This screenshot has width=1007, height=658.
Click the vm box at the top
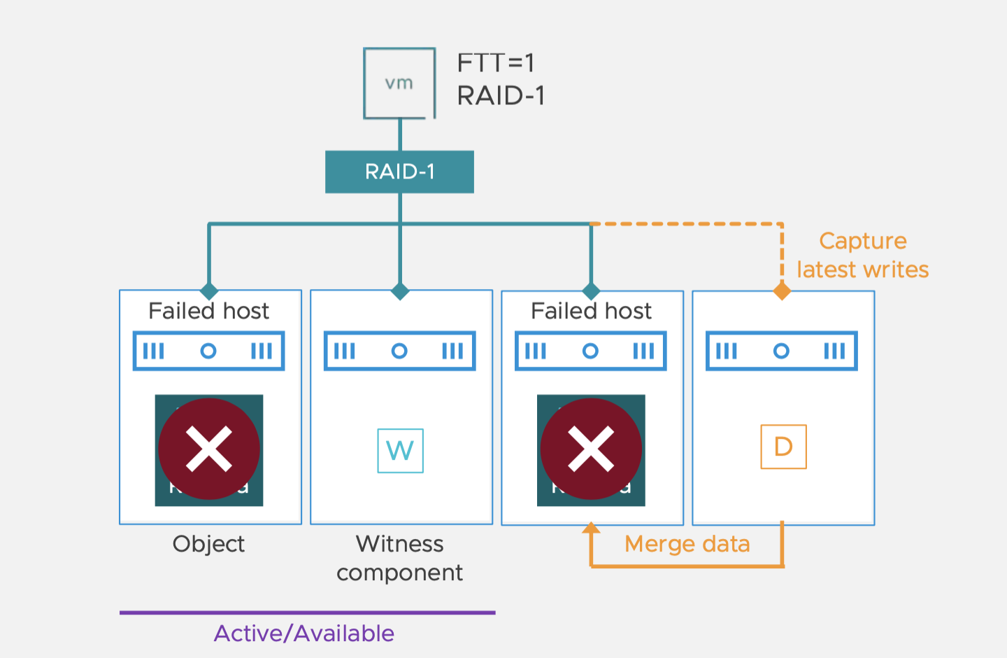tap(399, 83)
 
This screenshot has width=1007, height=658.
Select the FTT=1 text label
tap(496, 63)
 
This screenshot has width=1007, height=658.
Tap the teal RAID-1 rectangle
tap(399, 171)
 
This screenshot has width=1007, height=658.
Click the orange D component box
tap(783, 447)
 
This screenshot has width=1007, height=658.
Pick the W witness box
tap(400, 451)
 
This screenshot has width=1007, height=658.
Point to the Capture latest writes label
tap(862, 255)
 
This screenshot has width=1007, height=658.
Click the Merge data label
tap(687, 544)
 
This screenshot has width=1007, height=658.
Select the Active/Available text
tap(304, 633)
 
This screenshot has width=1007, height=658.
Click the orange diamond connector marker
tap(782, 291)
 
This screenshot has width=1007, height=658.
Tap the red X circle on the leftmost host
tap(209, 449)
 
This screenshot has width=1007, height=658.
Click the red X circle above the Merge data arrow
tap(591, 449)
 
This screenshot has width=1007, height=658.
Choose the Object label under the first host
tap(208, 544)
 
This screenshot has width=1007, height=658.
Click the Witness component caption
tap(399, 558)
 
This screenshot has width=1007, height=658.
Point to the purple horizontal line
tap(307, 612)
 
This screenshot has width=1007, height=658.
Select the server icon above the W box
tap(399, 351)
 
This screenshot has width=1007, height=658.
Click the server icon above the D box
tap(781, 351)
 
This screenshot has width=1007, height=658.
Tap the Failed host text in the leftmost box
tap(208, 311)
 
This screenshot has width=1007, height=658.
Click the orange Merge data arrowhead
tap(591, 528)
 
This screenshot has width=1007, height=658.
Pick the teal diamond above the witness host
tap(400, 291)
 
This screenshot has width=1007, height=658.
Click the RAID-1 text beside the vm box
tap(501, 96)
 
